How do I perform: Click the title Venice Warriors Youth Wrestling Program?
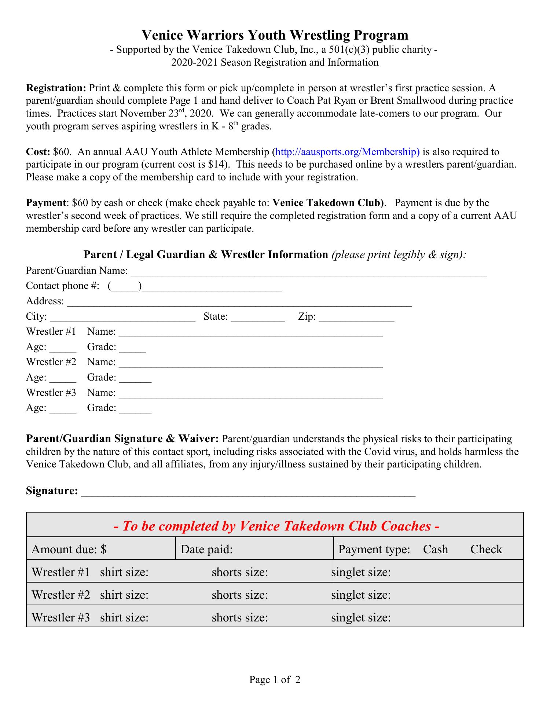click(x=275, y=35)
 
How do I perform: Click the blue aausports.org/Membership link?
click(x=347, y=152)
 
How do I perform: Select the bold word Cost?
click(x=38, y=152)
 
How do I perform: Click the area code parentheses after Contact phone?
click(x=125, y=286)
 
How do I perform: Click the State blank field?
click(x=258, y=318)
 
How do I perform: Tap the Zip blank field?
click(x=356, y=318)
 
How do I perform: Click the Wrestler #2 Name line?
click(x=251, y=363)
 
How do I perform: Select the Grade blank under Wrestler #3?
click(x=135, y=409)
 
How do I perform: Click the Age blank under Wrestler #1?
click(x=63, y=348)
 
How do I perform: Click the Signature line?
click(x=248, y=492)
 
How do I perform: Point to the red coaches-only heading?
click(x=276, y=526)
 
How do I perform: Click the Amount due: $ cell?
click(x=101, y=549)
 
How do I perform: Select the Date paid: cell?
click(x=254, y=549)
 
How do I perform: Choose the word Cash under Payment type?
click(x=435, y=549)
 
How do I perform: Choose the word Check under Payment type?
click(x=486, y=549)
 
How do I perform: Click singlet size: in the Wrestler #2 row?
click(x=361, y=595)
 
